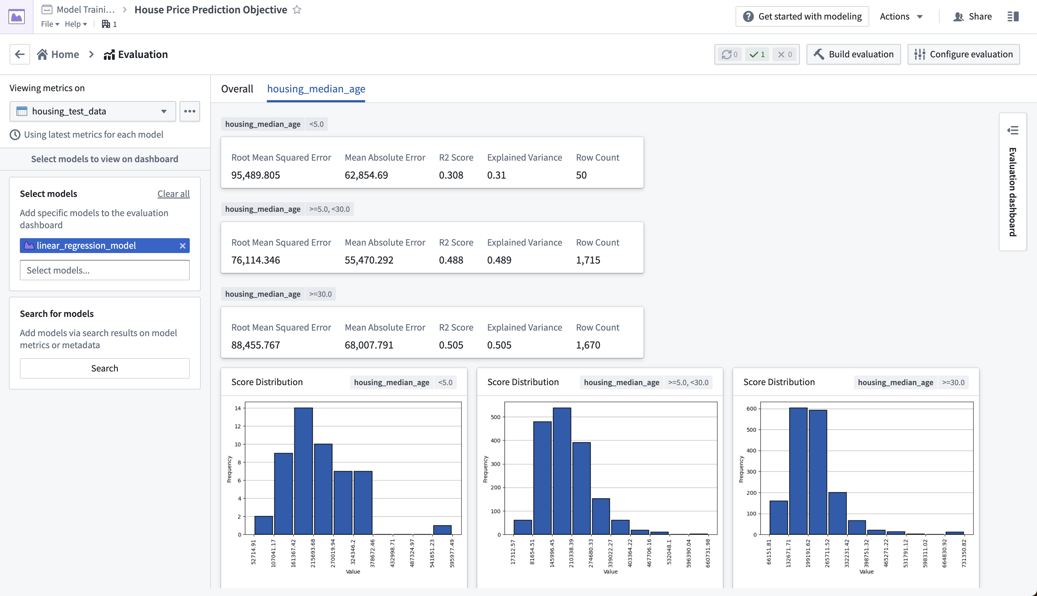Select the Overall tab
coord(237,89)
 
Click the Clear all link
coord(174,193)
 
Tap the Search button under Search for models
coord(105,368)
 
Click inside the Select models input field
coord(105,270)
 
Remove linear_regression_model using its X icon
coord(183,246)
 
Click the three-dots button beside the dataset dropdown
coord(189,111)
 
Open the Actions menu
coord(901,16)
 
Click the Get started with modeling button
coord(802,16)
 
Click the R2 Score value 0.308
coord(451,175)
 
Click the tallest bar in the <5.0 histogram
coord(303,471)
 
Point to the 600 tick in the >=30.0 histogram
coord(751,408)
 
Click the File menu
coord(50,24)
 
